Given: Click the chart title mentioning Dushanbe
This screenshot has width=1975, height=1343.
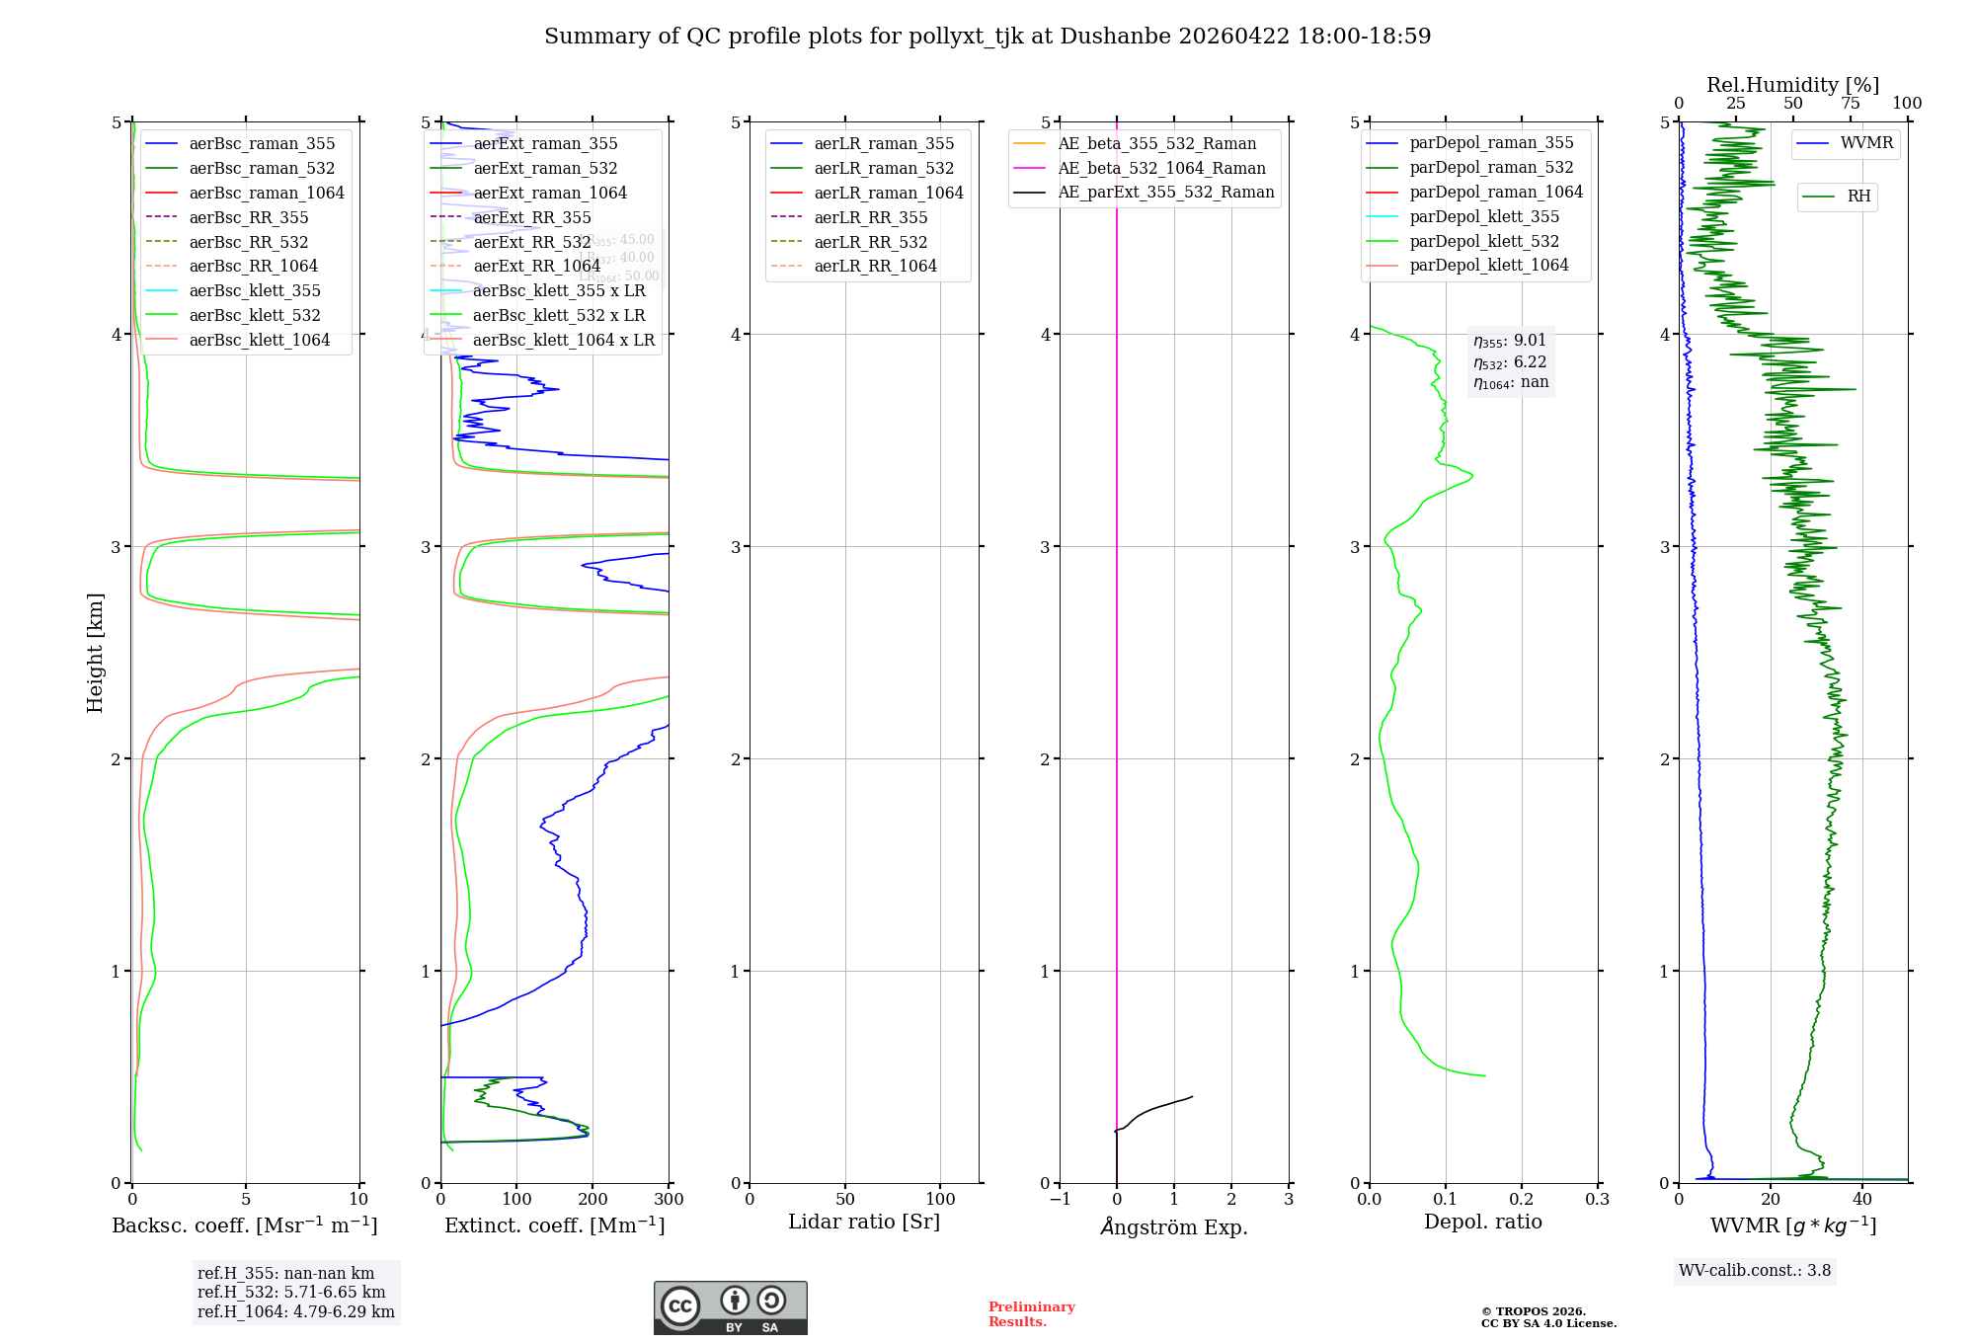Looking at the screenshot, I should pyautogui.click(x=987, y=37).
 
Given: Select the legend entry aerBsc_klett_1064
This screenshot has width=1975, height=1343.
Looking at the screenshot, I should pyautogui.click(x=259, y=340).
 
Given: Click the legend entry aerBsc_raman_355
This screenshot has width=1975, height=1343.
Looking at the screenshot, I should pyautogui.click(x=262, y=144).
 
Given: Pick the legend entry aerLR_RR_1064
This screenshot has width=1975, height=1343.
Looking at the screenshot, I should pyautogui.click(x=875, y=267).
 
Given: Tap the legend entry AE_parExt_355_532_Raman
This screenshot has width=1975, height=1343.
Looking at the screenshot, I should pyautogui.click(x=1165, y=193).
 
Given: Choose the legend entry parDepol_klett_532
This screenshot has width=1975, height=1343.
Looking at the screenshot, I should pyautogui.click(x=1484, y=241).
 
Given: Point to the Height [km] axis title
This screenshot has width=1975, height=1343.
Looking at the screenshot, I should pyautogui.click(x=95, y=653).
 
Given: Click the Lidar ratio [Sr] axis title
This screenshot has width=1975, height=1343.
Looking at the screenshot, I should pyautogui.click(x=864, y=1223).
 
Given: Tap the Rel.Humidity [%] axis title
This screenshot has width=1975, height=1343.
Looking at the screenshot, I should pyautogui.click(x=1792, y=85).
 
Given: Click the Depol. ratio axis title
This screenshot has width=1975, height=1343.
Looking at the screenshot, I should pyautogui.click(x=1482, y=1223).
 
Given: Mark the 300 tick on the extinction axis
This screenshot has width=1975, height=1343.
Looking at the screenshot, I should pyautogui.click(x=669, y=1200).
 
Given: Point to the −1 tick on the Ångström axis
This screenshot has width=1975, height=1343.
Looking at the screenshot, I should pyautogui.click(x=1060, y=1200).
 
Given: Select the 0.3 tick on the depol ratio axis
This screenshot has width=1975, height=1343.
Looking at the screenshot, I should pyautogui.click(x=1597, y=1200).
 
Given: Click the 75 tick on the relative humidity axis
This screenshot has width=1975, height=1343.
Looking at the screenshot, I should pyautogui.click(x=1851, y=104).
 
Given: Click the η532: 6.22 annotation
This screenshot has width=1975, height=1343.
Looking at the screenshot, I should pyautogui.click(x=1510, y=362).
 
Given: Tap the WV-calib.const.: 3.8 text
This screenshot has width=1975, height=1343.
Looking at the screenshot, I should pyautogui.click(x=1755, y=1271).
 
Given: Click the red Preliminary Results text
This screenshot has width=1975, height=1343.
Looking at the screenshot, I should pyautogui.click(x=1031, y=1314).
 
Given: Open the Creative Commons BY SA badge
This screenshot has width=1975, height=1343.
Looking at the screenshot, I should pyautogui.click(x=730, y=1308).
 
